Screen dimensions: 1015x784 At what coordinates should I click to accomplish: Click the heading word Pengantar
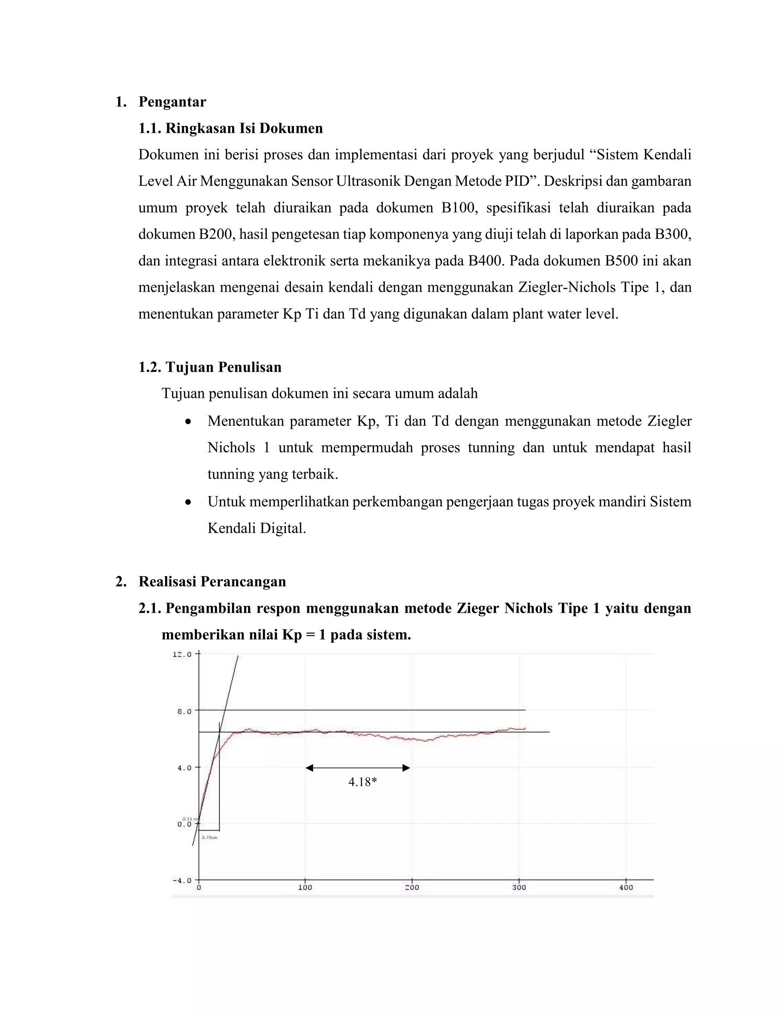coord(172,102)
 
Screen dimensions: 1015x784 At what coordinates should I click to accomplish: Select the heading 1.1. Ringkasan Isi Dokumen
coord(230,128)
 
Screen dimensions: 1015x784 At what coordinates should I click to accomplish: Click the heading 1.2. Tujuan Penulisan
coord(210,367)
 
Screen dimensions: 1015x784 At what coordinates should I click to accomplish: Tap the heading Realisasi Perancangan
coord(212,581)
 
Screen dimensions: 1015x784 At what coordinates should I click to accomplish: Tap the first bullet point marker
coord(188,422)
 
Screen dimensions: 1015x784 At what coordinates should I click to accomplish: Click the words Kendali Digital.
coord(256,529)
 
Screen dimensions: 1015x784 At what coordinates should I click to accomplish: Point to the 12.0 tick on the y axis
coord(182,654)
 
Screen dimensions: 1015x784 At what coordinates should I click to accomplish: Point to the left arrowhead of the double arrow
coord(310,768)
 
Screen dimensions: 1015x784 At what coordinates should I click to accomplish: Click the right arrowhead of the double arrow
coord(406,768)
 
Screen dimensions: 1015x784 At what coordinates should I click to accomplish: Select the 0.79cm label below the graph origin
coord(209,837)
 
